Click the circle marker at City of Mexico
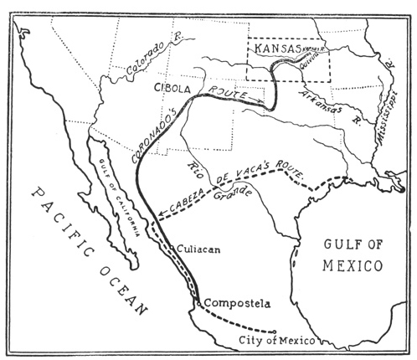click(x=275, y=331)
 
